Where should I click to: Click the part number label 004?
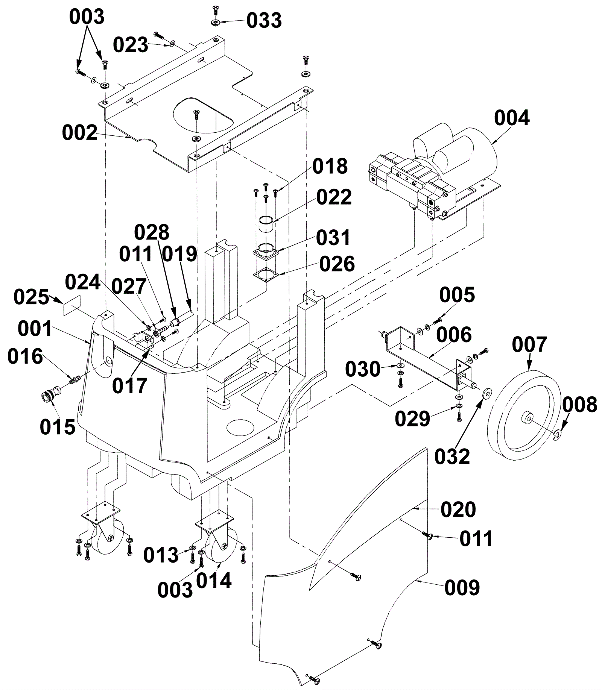point(512,118)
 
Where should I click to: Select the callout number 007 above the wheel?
point(529,345)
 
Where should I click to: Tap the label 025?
point(32,297)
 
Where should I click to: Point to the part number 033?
point(264,21)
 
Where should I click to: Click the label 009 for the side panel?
point(462,588)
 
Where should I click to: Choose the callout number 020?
point(458,510)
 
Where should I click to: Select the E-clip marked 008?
point(558,435)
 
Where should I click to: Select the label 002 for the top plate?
point(80,133)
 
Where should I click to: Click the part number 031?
point(333,238)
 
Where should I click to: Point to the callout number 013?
point(161,555)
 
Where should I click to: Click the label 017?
point(130,386)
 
